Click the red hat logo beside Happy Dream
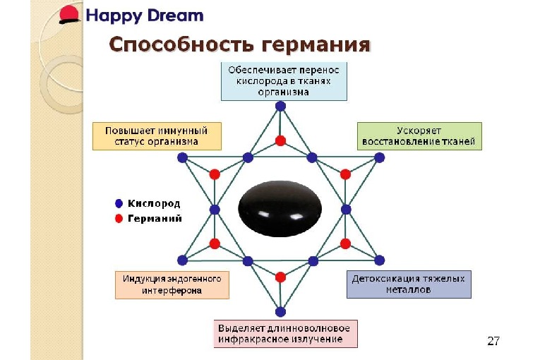70,14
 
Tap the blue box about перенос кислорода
284,81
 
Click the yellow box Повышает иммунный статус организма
156,136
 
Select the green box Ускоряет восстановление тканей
419,136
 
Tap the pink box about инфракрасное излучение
286,334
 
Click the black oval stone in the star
280,210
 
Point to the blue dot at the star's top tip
280,106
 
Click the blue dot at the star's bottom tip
280,311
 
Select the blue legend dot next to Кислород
119,203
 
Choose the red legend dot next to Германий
119,219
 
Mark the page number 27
493,342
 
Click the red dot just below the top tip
280,140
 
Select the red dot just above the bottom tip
280,277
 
